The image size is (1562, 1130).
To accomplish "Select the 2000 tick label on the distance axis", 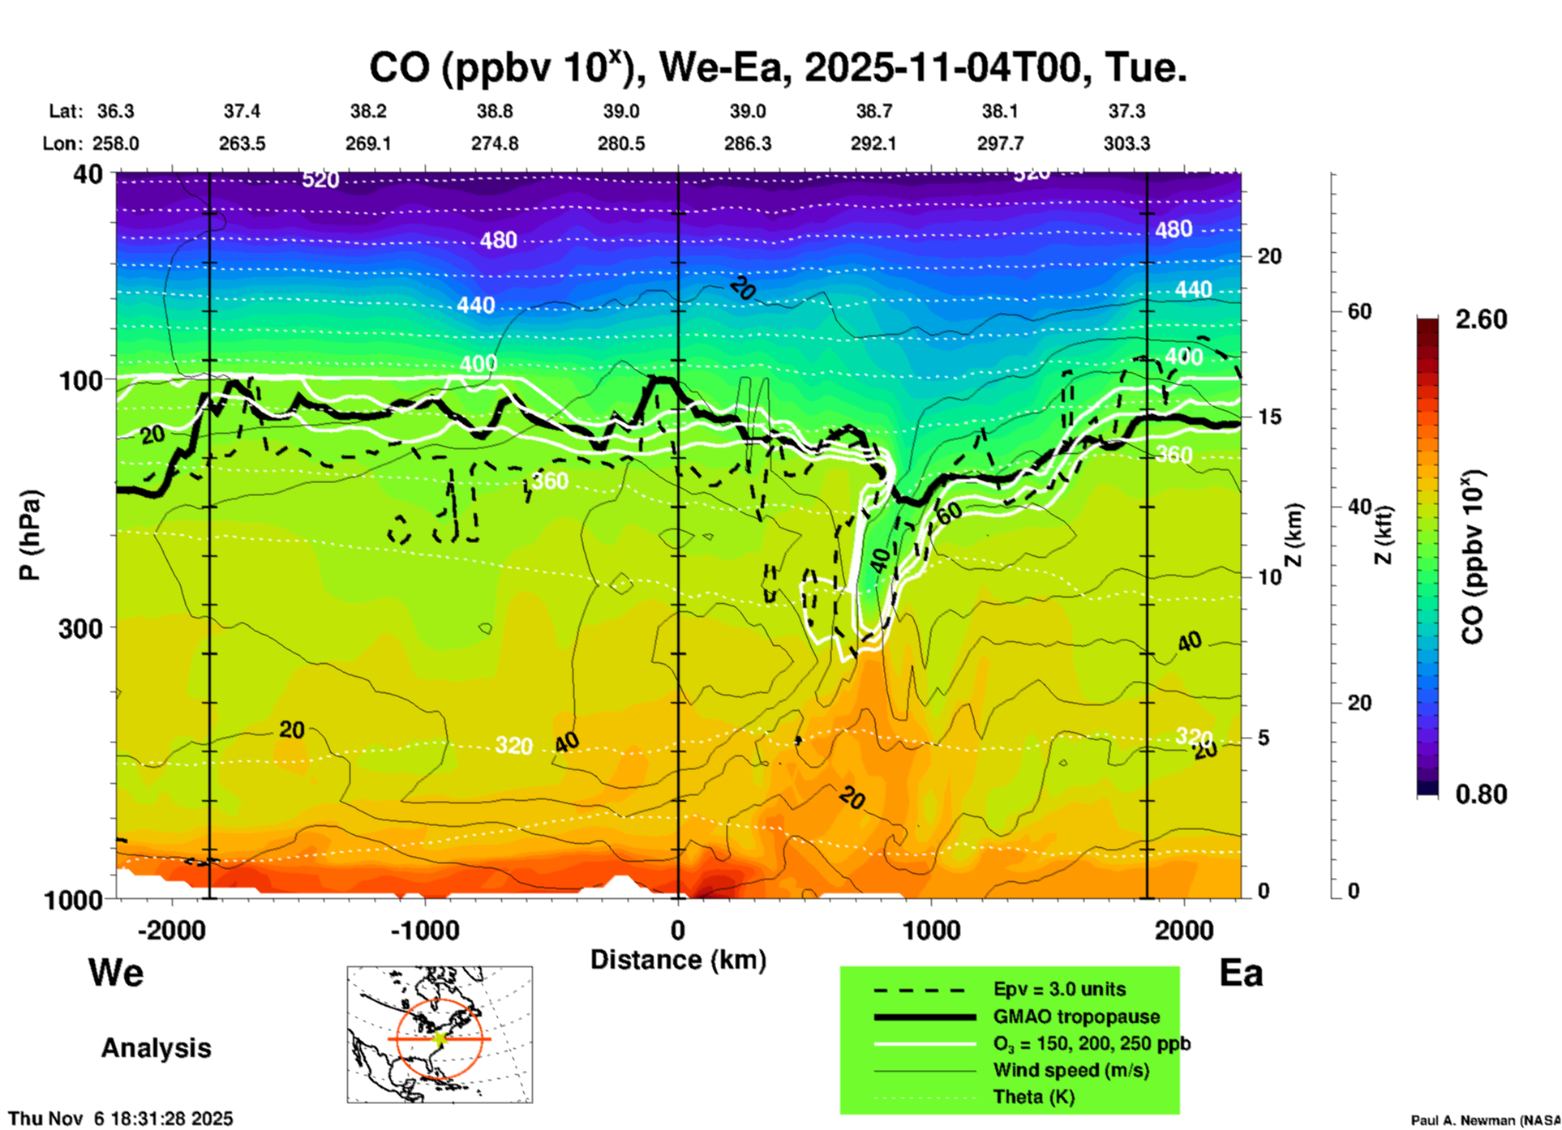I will (1184, 930).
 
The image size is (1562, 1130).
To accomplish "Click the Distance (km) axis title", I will (678, 960).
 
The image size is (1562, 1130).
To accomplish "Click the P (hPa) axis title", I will (30, 535).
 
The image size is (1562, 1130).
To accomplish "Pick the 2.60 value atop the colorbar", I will (1481, 319).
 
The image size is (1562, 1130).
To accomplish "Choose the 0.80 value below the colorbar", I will (1481, 794).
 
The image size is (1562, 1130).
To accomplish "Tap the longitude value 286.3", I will (747, 143).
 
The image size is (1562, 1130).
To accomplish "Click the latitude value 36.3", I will (115, 111).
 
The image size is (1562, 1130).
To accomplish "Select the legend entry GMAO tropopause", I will (1076, 1017).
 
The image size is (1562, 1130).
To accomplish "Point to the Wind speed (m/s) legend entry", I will (1071, 1070).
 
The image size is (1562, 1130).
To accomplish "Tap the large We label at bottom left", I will (116, 972).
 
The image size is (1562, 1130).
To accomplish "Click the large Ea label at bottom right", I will (1241, 973).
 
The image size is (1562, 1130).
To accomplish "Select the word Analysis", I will (156, 1047).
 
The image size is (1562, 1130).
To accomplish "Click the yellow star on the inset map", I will (440, 1038).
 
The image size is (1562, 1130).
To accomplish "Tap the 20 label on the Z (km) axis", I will (1269, 256).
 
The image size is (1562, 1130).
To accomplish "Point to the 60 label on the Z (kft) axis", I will (1359, 311).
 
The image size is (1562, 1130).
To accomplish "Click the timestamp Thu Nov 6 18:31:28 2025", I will (121, 1119).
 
